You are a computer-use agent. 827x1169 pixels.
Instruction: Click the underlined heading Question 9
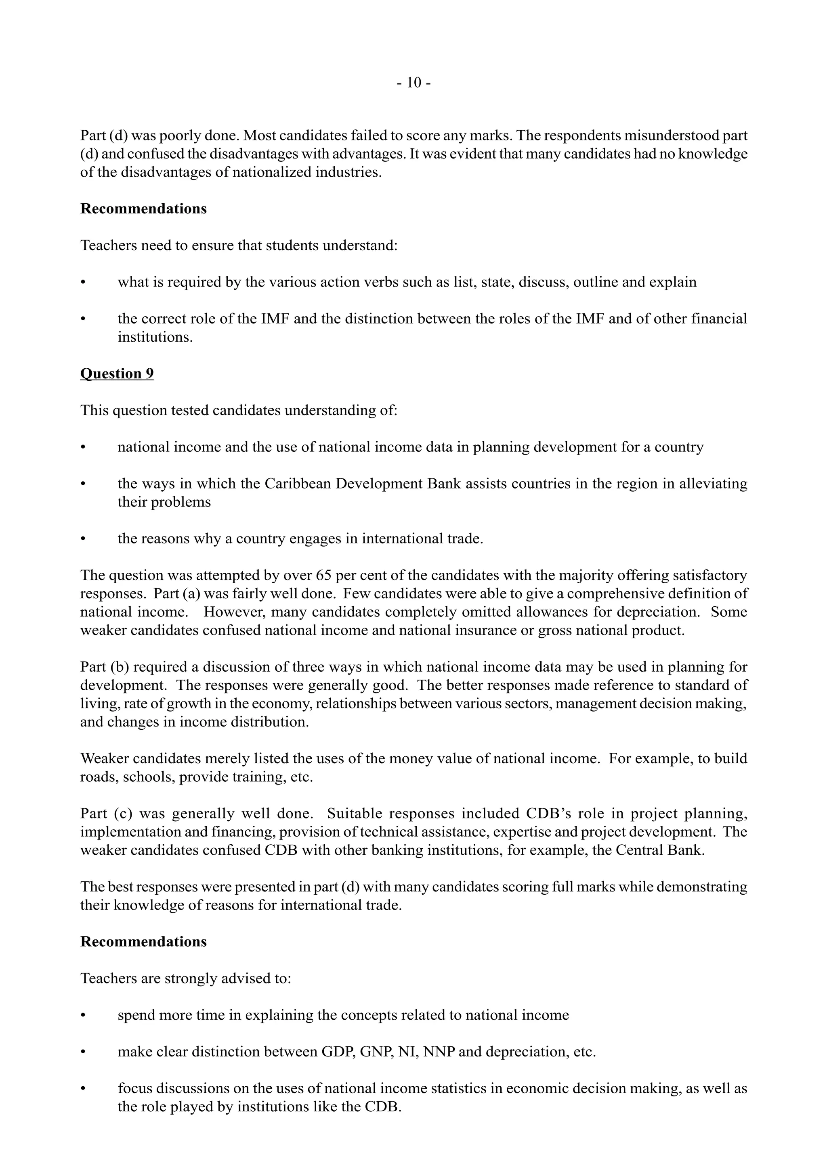pyautogui.click(x=117, y=374)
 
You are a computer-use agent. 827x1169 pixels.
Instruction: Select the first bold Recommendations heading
pyautogui.click(x=143, y=209)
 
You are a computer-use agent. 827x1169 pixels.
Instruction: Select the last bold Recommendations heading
pyautogui.click(x=143, y=942)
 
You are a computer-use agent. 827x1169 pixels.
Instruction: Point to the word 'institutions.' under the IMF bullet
pyautogui.click(x=155, y=337)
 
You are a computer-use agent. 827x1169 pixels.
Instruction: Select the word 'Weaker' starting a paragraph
pyautogui.click(x=103, y=759)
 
